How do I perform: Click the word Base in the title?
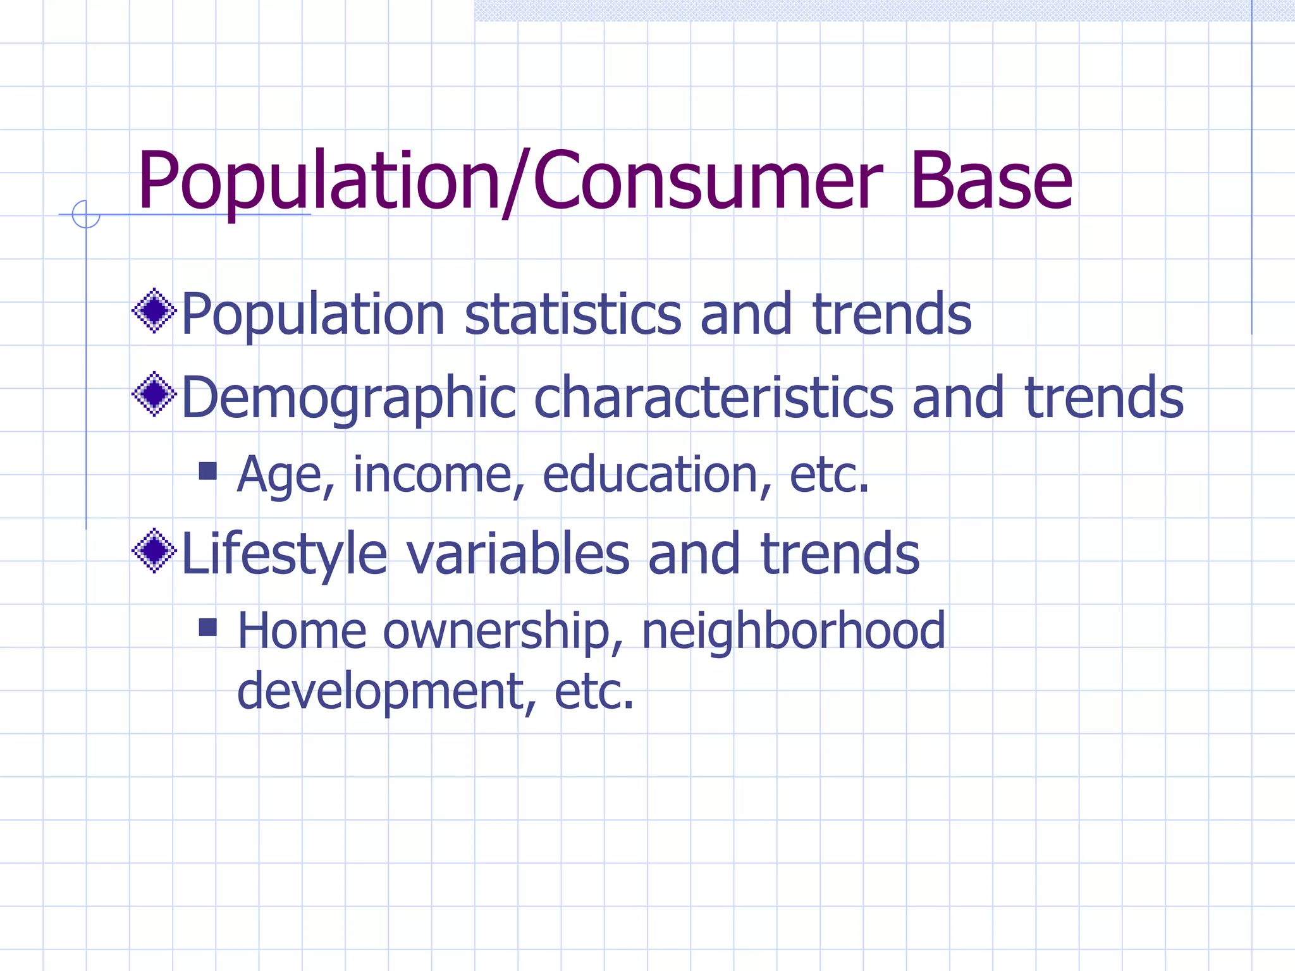point(991,180)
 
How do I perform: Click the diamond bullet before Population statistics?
point(154,310)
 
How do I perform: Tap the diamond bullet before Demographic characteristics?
point(154,394)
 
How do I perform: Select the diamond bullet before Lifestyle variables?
point(154,551)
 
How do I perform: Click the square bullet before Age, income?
point(207,470)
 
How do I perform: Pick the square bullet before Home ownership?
point(207,627)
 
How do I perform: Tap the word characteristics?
point(713,398)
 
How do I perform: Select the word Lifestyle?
point(284,554)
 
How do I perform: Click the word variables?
point(518,554)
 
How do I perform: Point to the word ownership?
point(503,632)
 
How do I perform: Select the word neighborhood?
point(794,632)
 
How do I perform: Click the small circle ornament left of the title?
point(86,214)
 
